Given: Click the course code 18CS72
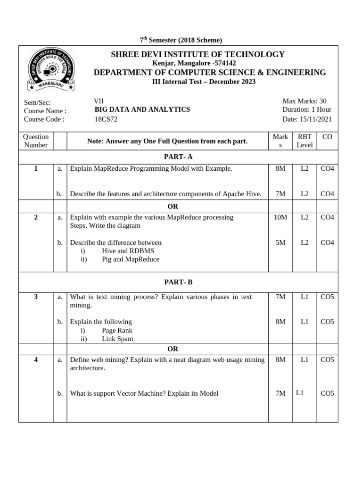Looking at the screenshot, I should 106,119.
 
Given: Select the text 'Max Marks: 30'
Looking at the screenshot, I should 304,101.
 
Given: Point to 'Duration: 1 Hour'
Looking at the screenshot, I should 307,109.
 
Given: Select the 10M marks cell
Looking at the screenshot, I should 280,217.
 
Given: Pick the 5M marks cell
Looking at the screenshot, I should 280,243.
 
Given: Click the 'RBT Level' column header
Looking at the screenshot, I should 304,141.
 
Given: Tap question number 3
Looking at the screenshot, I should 36,297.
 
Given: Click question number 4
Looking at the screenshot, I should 36,360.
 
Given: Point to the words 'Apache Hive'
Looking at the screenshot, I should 242,194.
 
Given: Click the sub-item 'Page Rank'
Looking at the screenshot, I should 117,330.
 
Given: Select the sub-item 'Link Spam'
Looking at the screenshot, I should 117,339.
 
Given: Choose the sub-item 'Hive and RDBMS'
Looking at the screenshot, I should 128,251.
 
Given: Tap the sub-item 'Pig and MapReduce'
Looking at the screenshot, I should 131,259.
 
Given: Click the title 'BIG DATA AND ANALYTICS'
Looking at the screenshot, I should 142,109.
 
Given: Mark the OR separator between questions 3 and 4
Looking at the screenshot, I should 173,349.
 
